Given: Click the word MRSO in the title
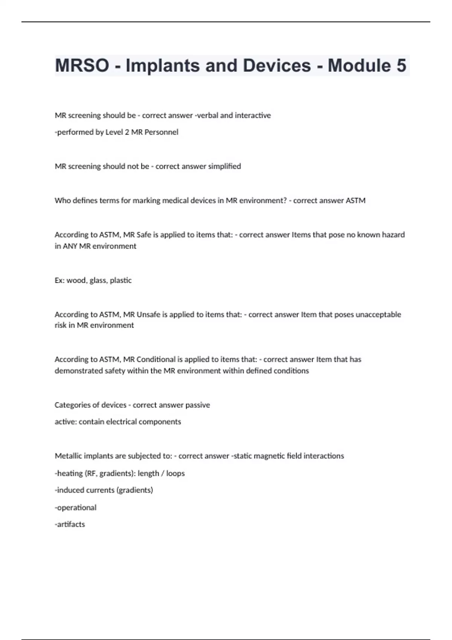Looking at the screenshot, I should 82,66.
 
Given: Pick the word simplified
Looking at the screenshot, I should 224,166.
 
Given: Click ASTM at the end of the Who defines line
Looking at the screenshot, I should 356,201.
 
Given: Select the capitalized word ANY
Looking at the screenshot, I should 70,246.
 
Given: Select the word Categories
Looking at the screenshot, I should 72,405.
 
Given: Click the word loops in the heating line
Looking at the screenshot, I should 176,473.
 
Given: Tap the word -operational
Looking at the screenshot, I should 76,507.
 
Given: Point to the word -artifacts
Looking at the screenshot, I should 70,524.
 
